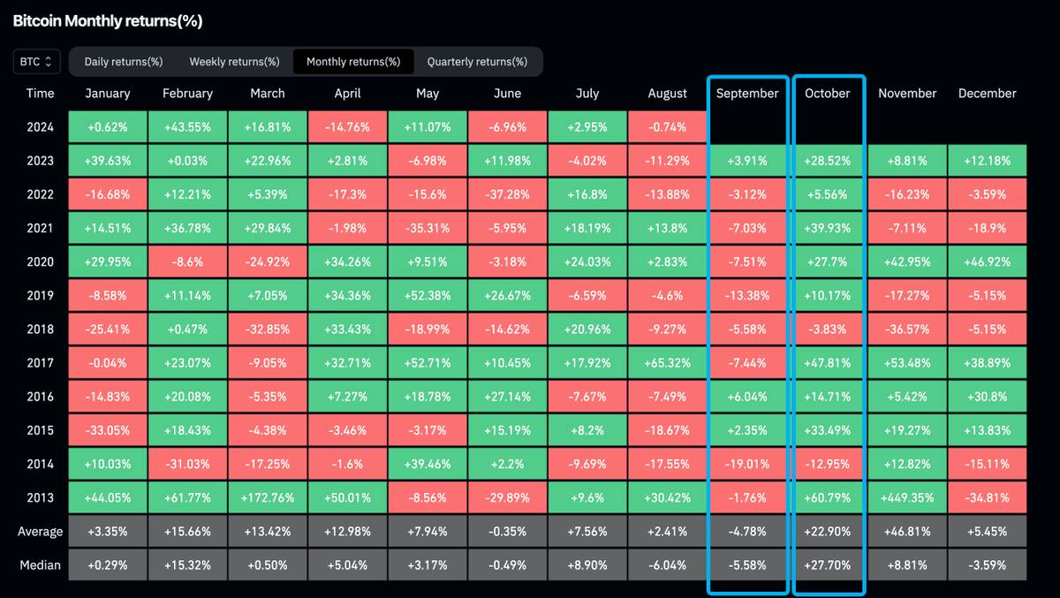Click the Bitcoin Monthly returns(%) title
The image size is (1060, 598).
pyautogui.click(x=107, y=21)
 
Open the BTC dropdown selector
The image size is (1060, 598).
pyautogui.click(x=37, y=62)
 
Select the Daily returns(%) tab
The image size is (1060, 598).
pyautogui.click(x=124, y=62)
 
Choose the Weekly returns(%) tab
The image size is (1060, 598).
pyautogui.click(x=234, y=62)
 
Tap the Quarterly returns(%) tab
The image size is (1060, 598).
pyautogui.click(x=477, y=62)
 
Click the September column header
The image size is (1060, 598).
pyautogui.click(x=747, y=93)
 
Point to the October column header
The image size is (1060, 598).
pyautogui.click(x=828, y=93)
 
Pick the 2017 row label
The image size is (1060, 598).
pyautogui.click(x=40, y=363)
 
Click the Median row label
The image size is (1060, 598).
pyautogui.click(x=40, y=565)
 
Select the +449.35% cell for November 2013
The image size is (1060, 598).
pyautogui.click(x=907, y=497)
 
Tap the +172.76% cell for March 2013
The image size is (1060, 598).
pyautogui.click(x=267, y=497)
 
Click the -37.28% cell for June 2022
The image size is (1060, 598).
pyautogui.click(x=507, y=194)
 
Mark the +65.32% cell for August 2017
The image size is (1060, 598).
pyautogui.click(x=668, y=363)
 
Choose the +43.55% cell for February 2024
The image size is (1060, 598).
pyautogui.click(x=187, y=127)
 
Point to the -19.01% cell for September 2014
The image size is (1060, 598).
pyautogui.click(x=747, y=464)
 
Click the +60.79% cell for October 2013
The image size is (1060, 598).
pyautogui.click(x=828, y=497)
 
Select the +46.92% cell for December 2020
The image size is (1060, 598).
pyautogui.click(x=987, y=261)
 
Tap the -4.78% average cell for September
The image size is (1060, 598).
pyautogui.click(x=747, y=532)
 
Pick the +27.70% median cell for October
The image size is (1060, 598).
pyautogui.click(x=828, y=565)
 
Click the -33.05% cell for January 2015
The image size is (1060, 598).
pyautogui.click(x=109, y=430)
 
